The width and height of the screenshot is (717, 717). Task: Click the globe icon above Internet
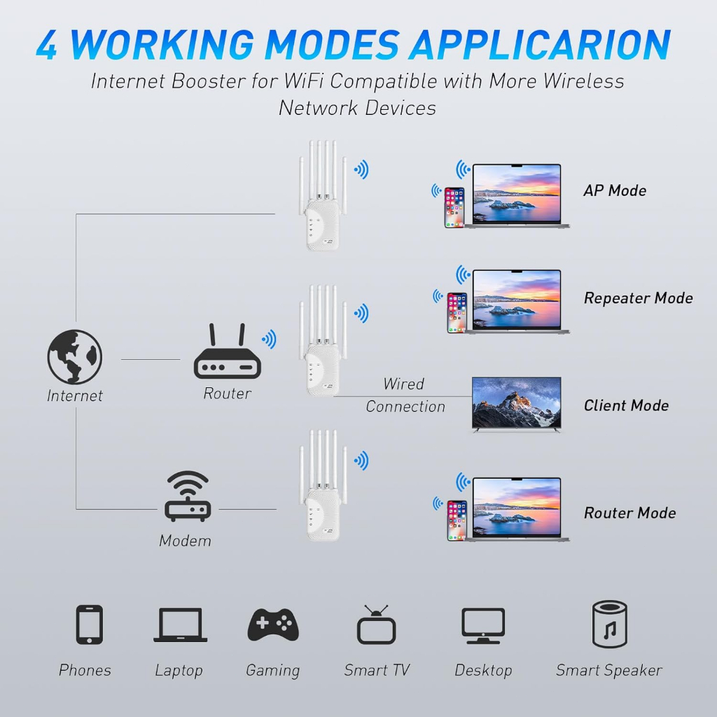[75, 357]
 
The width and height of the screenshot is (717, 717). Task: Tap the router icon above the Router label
[226, 354]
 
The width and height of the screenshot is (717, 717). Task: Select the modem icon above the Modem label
[187, 496]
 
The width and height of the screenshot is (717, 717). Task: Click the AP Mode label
[615, 190]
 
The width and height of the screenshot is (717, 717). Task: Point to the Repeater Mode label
[638, 298]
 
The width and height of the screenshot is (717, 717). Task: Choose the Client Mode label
[626, 405]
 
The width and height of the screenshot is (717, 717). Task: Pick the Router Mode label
[629, 513]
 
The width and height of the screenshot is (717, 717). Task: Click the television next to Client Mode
[516, 404]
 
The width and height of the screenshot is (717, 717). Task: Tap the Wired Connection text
[405, 396]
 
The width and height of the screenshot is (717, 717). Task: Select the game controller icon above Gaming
[273, 625]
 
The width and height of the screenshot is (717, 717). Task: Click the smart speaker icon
[609, 624]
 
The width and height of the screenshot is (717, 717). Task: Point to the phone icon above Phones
[89, 625]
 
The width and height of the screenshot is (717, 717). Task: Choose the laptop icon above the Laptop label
[180, 625]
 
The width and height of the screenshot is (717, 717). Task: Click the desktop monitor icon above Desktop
[483, 625]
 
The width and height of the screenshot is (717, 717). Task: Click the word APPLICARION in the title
[540, 46]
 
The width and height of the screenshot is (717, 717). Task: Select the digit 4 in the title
[46, 46]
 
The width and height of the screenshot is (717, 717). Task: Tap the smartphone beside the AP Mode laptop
[454, 207]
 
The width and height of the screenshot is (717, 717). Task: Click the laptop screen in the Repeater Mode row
[517, 299]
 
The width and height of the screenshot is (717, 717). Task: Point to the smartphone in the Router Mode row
[457, 520]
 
